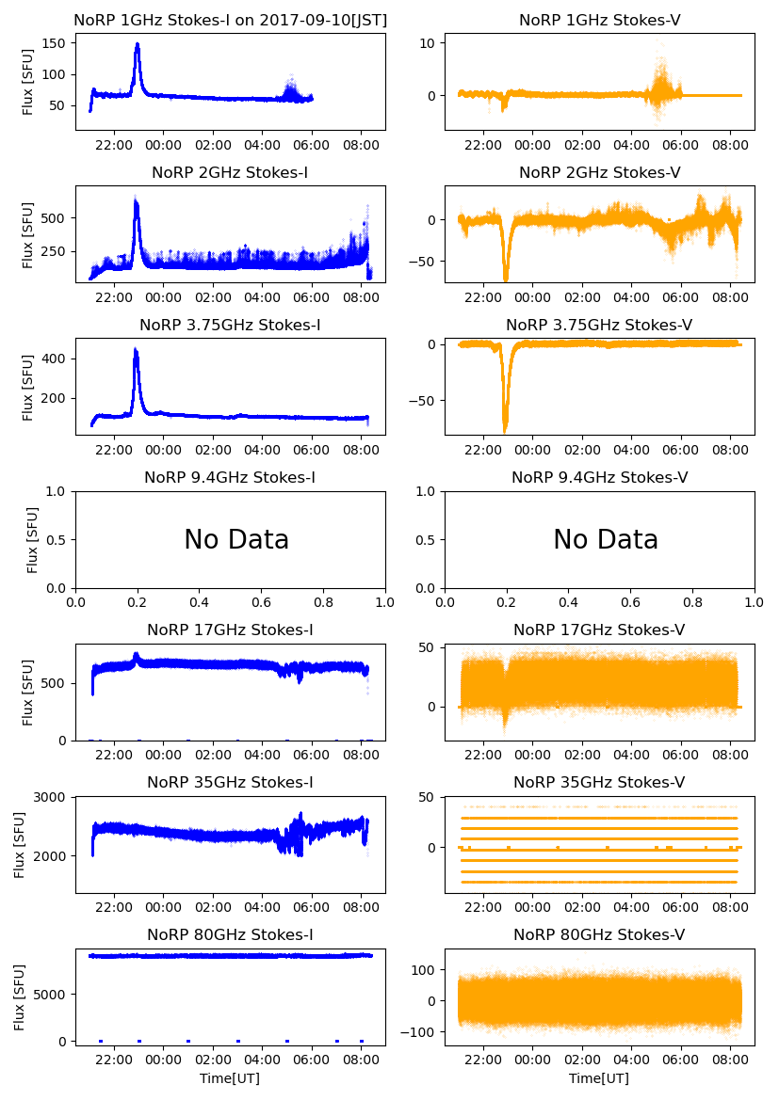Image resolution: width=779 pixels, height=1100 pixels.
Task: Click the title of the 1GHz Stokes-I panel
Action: [x=230, y=20]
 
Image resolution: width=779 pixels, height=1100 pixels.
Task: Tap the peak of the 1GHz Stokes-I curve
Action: [x=138, y=44]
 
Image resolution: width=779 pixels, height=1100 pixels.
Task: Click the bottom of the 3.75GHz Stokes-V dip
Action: [x=506, y=430]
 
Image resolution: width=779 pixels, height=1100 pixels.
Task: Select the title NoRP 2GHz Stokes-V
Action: [x=599, y=172]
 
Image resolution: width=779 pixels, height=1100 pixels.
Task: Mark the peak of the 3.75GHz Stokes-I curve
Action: [x=136, y=350]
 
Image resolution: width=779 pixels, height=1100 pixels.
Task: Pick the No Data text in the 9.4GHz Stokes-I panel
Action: [x=236, y=540]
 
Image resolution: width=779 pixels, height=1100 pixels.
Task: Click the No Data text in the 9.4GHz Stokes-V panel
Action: [x=606, y=540]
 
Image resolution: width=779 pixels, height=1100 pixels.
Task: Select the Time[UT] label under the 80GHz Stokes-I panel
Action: [x=230, y=1078]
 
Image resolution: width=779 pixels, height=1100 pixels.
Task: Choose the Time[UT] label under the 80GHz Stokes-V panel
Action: [x=599, y=1078]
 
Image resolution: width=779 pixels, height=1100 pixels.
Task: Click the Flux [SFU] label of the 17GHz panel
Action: [x=28, y=693]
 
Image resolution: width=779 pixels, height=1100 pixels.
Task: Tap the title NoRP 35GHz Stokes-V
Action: [x=599, y=782]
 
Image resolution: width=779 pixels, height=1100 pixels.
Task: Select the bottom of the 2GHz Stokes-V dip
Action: [x=506, y=279]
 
